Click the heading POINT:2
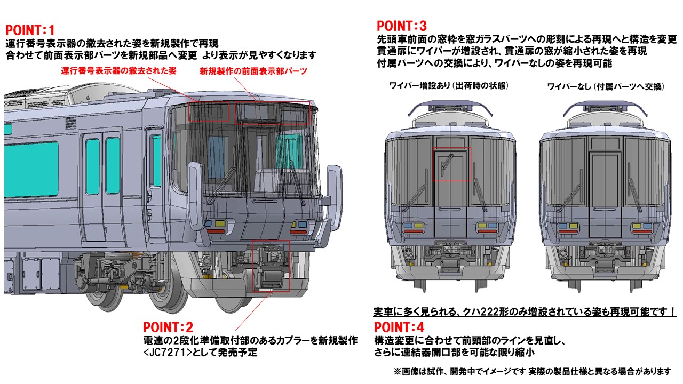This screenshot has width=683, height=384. pyautogui.click(x=168, y=327)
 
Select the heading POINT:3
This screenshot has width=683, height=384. pyautogui.click(x=402, y=26)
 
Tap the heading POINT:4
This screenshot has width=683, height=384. pyautogui.click(x=399, y=327)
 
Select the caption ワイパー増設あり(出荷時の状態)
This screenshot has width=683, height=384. pyautogui.click(x=449, y=86)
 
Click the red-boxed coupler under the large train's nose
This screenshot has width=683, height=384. pyautogui.click(x=270, y=266)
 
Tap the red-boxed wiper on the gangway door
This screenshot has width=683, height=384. pyautogui.click(x=451, y=164)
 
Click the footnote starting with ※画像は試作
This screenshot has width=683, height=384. pyautogui.click(x=531, y=371)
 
